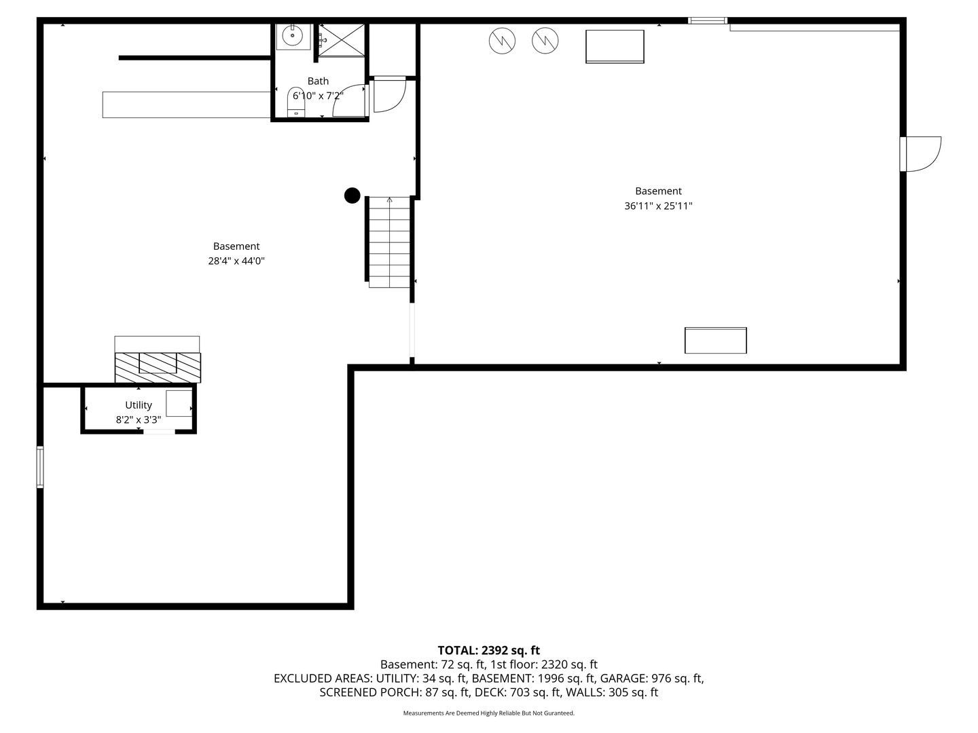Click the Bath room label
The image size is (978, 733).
click(318, 81)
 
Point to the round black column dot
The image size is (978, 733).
click(352, 195)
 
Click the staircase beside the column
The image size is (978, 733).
click(390, 242)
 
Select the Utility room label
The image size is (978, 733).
click(139, 405)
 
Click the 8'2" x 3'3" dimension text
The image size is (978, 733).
click(139, 420)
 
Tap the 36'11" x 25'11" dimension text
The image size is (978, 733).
click(658, 206)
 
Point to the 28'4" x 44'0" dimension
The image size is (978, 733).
click(236, 261)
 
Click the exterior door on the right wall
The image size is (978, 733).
click(921, 154)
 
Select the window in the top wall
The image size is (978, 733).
click(708, 21)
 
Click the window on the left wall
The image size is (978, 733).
click(40, 467)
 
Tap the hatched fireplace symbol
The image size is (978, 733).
click(158, 367)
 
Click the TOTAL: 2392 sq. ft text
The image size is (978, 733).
click(488, 650)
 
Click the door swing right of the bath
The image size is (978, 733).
click(389, 95)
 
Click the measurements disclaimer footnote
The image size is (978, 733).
click(488, 713)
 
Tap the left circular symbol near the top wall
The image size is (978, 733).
click(502, 41)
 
